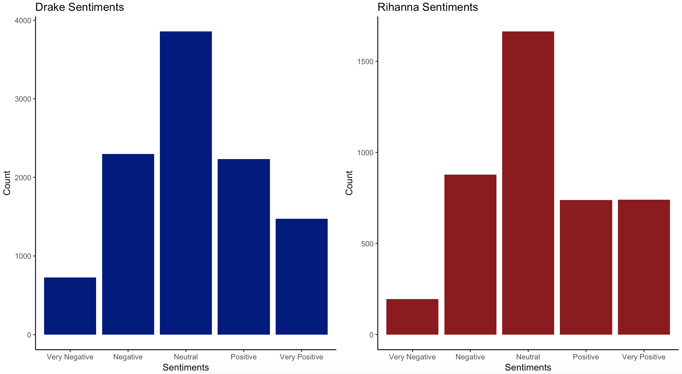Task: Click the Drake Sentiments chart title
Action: (x=79, y=7)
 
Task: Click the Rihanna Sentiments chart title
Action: (x=427, y=7)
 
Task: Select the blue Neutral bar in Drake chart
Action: (x=186, y=183)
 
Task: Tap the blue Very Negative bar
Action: (x=70, y=306)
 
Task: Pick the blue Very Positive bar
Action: (x=301, y=277)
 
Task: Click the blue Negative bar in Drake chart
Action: (x=128, y=244)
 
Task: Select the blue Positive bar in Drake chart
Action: (x=244, y=247)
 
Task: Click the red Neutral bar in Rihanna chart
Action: (x=528, y=183)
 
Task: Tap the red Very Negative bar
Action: (x=412, y=317)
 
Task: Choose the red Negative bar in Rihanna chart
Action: (x=470, y=254)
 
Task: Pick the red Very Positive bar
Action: (x=644, y=267)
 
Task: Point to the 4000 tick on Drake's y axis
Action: (x=23, y=21)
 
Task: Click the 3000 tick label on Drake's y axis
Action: (x=23, y=99)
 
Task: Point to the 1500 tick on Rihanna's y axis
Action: (x=365, y=62)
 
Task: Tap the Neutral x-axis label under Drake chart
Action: (x=186, y=357)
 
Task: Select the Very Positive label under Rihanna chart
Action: (x=644, y=357)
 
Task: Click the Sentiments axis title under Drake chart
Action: (x=186, y=367)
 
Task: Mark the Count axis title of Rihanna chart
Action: (x=349, y=183)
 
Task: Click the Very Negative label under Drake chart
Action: (x=70, y=357)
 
